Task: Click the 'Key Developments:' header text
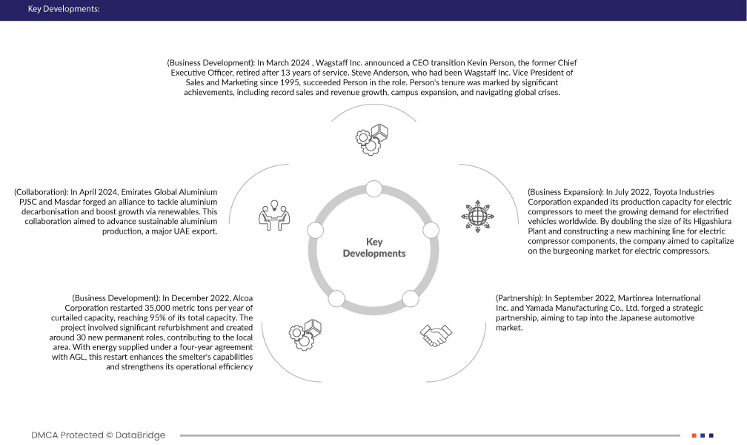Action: click(63, 10)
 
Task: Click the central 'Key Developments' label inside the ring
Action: click(373, 248)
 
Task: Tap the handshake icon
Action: click(436, 334)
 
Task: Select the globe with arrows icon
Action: click(476, 214)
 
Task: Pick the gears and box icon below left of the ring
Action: click(305, 334)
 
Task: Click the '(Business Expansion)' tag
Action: click(565, 191)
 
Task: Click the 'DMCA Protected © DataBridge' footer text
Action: click(99, 435)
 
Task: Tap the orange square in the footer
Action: click(694, 435)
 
